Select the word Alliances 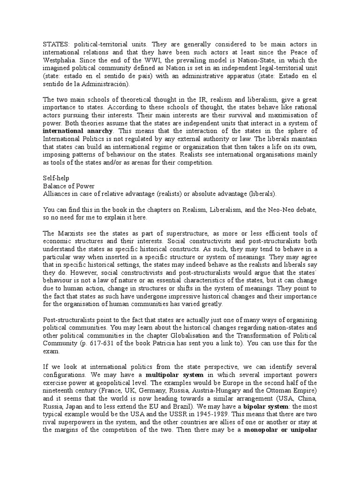click(57, 194)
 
